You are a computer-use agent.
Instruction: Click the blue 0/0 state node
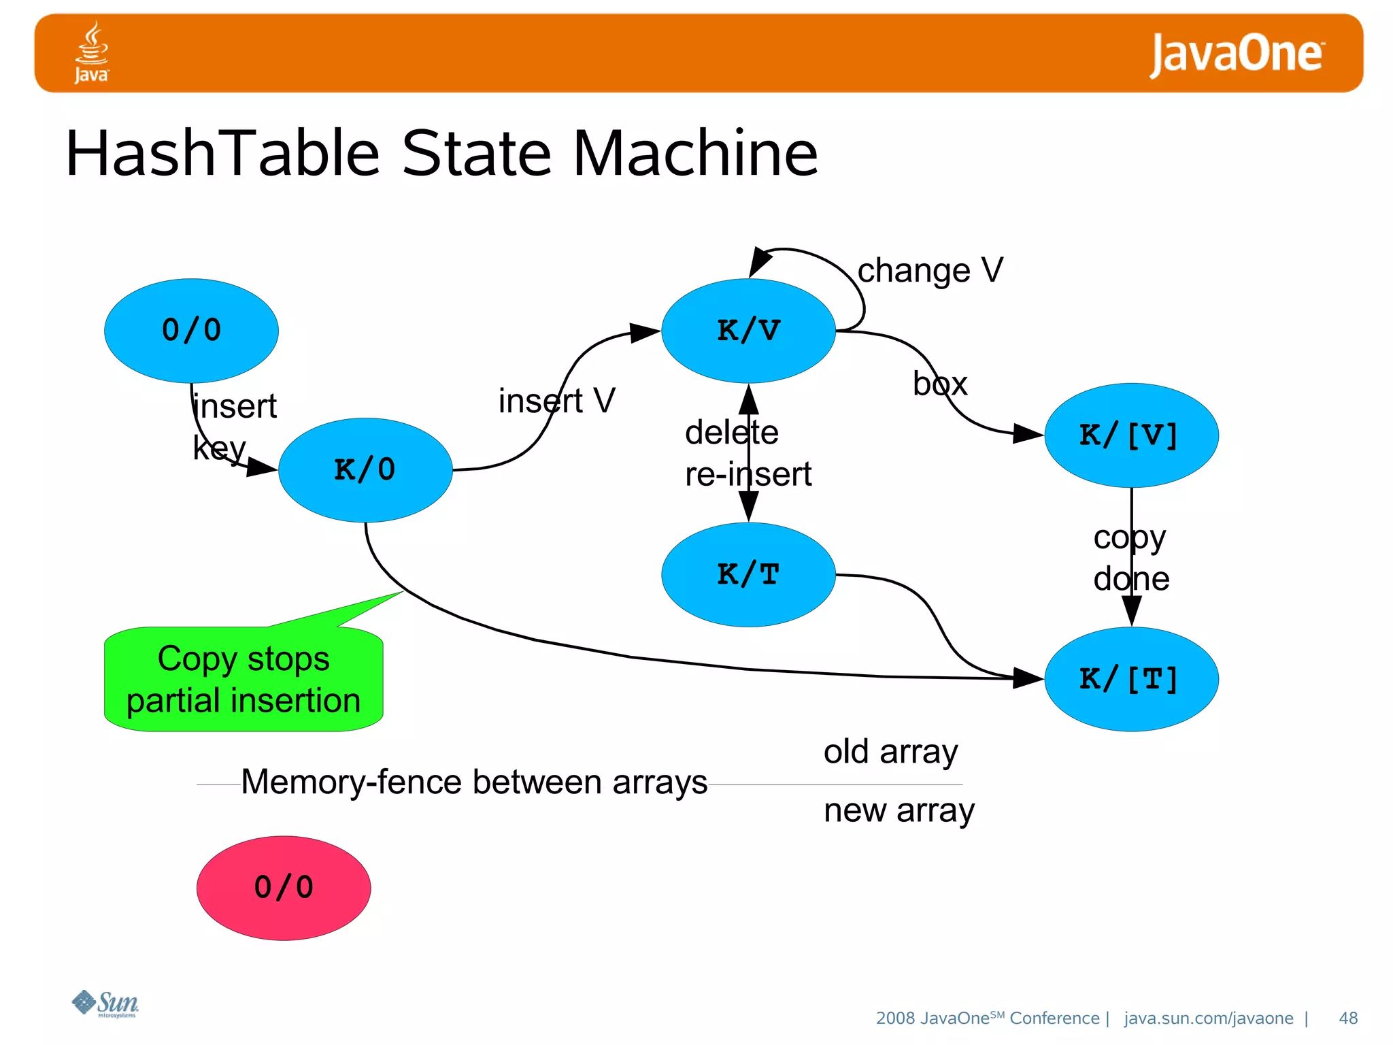tap(191, 330)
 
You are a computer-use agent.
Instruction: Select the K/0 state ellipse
tap(365, 469)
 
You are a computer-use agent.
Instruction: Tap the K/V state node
tap(748, 330)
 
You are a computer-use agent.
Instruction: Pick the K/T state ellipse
tap(748, 574)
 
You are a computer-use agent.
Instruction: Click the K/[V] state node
tap(1130, 435)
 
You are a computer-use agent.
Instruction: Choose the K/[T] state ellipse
tap(1130, 679)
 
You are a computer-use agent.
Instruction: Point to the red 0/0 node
tap(284, 888)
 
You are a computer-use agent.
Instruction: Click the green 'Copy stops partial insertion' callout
tap(244, 680)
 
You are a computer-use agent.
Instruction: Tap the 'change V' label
tap(930, 270)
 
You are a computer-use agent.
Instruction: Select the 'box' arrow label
tap(940, 384)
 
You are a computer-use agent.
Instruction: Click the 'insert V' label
tap(556, 400)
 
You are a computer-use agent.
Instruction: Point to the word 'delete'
tap(731, 433)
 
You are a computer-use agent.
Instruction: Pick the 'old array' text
tap(890, 752)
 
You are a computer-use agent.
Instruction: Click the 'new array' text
tap(899, 810)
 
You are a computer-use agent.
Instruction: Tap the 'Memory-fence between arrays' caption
tap(474, 782)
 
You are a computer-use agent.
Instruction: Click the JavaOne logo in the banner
tap(1237, 54)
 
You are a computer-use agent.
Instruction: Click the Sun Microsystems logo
tap(106, 1003)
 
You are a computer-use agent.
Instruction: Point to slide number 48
tap(1347, 1018)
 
